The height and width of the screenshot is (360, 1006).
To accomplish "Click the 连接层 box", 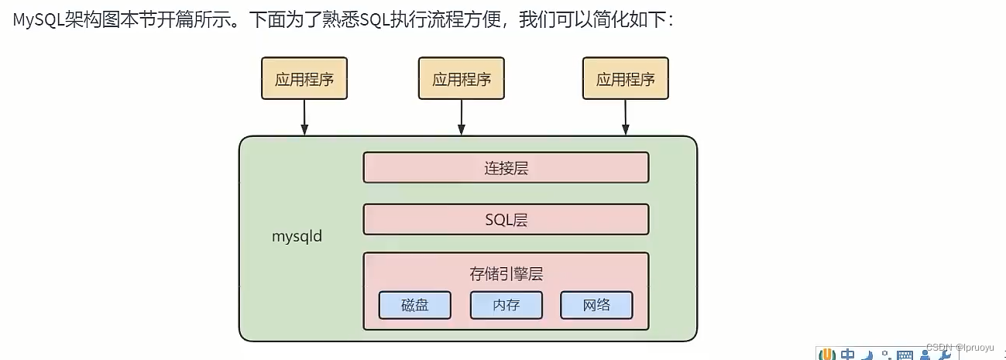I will (x=506, y=167).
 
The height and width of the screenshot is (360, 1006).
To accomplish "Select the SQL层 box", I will (x=506, y=219).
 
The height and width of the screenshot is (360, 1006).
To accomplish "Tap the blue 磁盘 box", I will (x=414, y=305).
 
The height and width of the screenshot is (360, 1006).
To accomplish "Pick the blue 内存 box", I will (x=506, y=305).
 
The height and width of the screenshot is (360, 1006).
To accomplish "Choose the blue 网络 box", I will (x=596, y=305).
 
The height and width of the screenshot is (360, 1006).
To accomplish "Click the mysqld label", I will (x=297, y=237).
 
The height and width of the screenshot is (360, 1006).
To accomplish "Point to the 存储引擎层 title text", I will (x=506, y=273).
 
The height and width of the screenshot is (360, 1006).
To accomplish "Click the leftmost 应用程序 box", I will (x=304, y=78).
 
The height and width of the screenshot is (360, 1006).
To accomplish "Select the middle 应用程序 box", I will (x=462, y=78).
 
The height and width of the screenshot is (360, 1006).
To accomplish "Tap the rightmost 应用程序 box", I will (x=625, y=78).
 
